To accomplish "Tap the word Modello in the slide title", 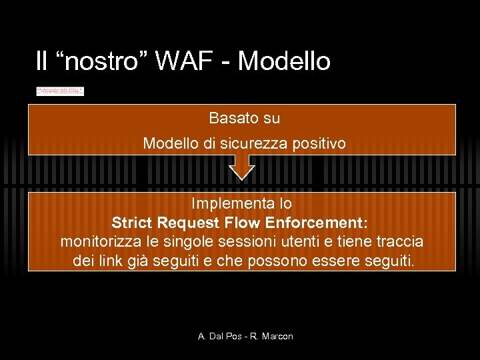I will [x=284, y=61].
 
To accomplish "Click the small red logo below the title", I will [x=60, y=91].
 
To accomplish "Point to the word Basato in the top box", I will [x=228, y=119].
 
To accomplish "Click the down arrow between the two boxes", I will [x=241, y=167].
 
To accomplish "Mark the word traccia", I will [x=398, y=241].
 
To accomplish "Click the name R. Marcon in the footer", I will [x=271, y=337].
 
